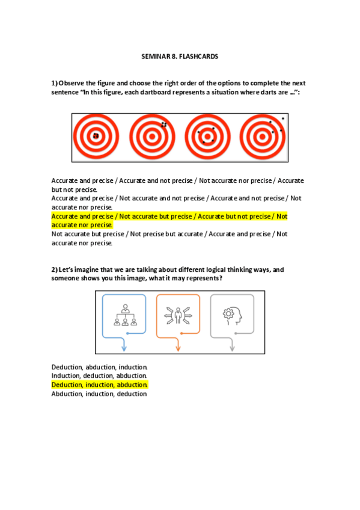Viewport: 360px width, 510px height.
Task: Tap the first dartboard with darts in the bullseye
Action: click(96, 137)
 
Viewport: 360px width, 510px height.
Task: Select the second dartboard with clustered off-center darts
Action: click(152, 137)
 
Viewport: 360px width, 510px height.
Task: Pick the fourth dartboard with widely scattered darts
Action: click(263, 137)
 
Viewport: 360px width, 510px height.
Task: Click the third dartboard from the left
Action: click(207, 137)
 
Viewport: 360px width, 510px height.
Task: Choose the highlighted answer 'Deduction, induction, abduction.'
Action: click(99, 385)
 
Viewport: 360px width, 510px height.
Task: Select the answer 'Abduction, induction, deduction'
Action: click(99, 394)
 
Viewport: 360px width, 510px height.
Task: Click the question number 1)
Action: click(54, 83)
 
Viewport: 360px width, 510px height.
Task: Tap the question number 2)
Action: click(54, 269)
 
